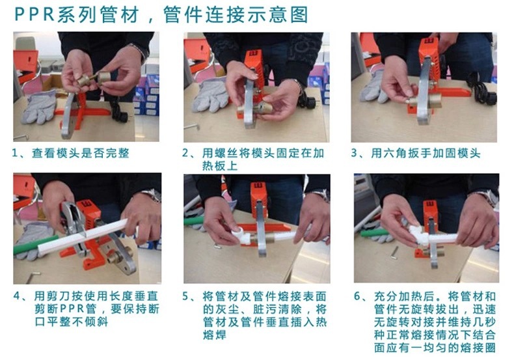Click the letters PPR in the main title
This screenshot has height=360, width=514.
[x=34, y=15]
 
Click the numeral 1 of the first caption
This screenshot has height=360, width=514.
[x=14, y=153]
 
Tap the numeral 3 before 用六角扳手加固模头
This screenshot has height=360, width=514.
[x=354, y=153]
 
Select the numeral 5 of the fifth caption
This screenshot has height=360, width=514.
[x=185, y=296]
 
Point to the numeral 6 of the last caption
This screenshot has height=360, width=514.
[x=357, y=296]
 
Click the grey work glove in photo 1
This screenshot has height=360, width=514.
[x=39, y=107]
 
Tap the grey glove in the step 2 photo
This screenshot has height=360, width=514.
[x=210, y=95]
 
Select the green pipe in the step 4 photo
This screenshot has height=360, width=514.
[x=35, y=245]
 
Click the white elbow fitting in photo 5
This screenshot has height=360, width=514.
[x=241, y=236]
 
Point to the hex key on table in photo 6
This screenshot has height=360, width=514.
[x=395, y=253]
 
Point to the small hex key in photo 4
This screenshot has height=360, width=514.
[x=32, y=277]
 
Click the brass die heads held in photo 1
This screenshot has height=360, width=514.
[x=94, y=79]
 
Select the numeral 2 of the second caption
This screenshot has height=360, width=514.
[x=185, y=153]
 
